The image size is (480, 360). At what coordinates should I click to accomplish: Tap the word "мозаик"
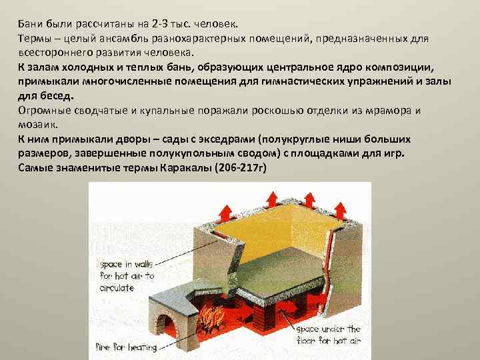[37, 125]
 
